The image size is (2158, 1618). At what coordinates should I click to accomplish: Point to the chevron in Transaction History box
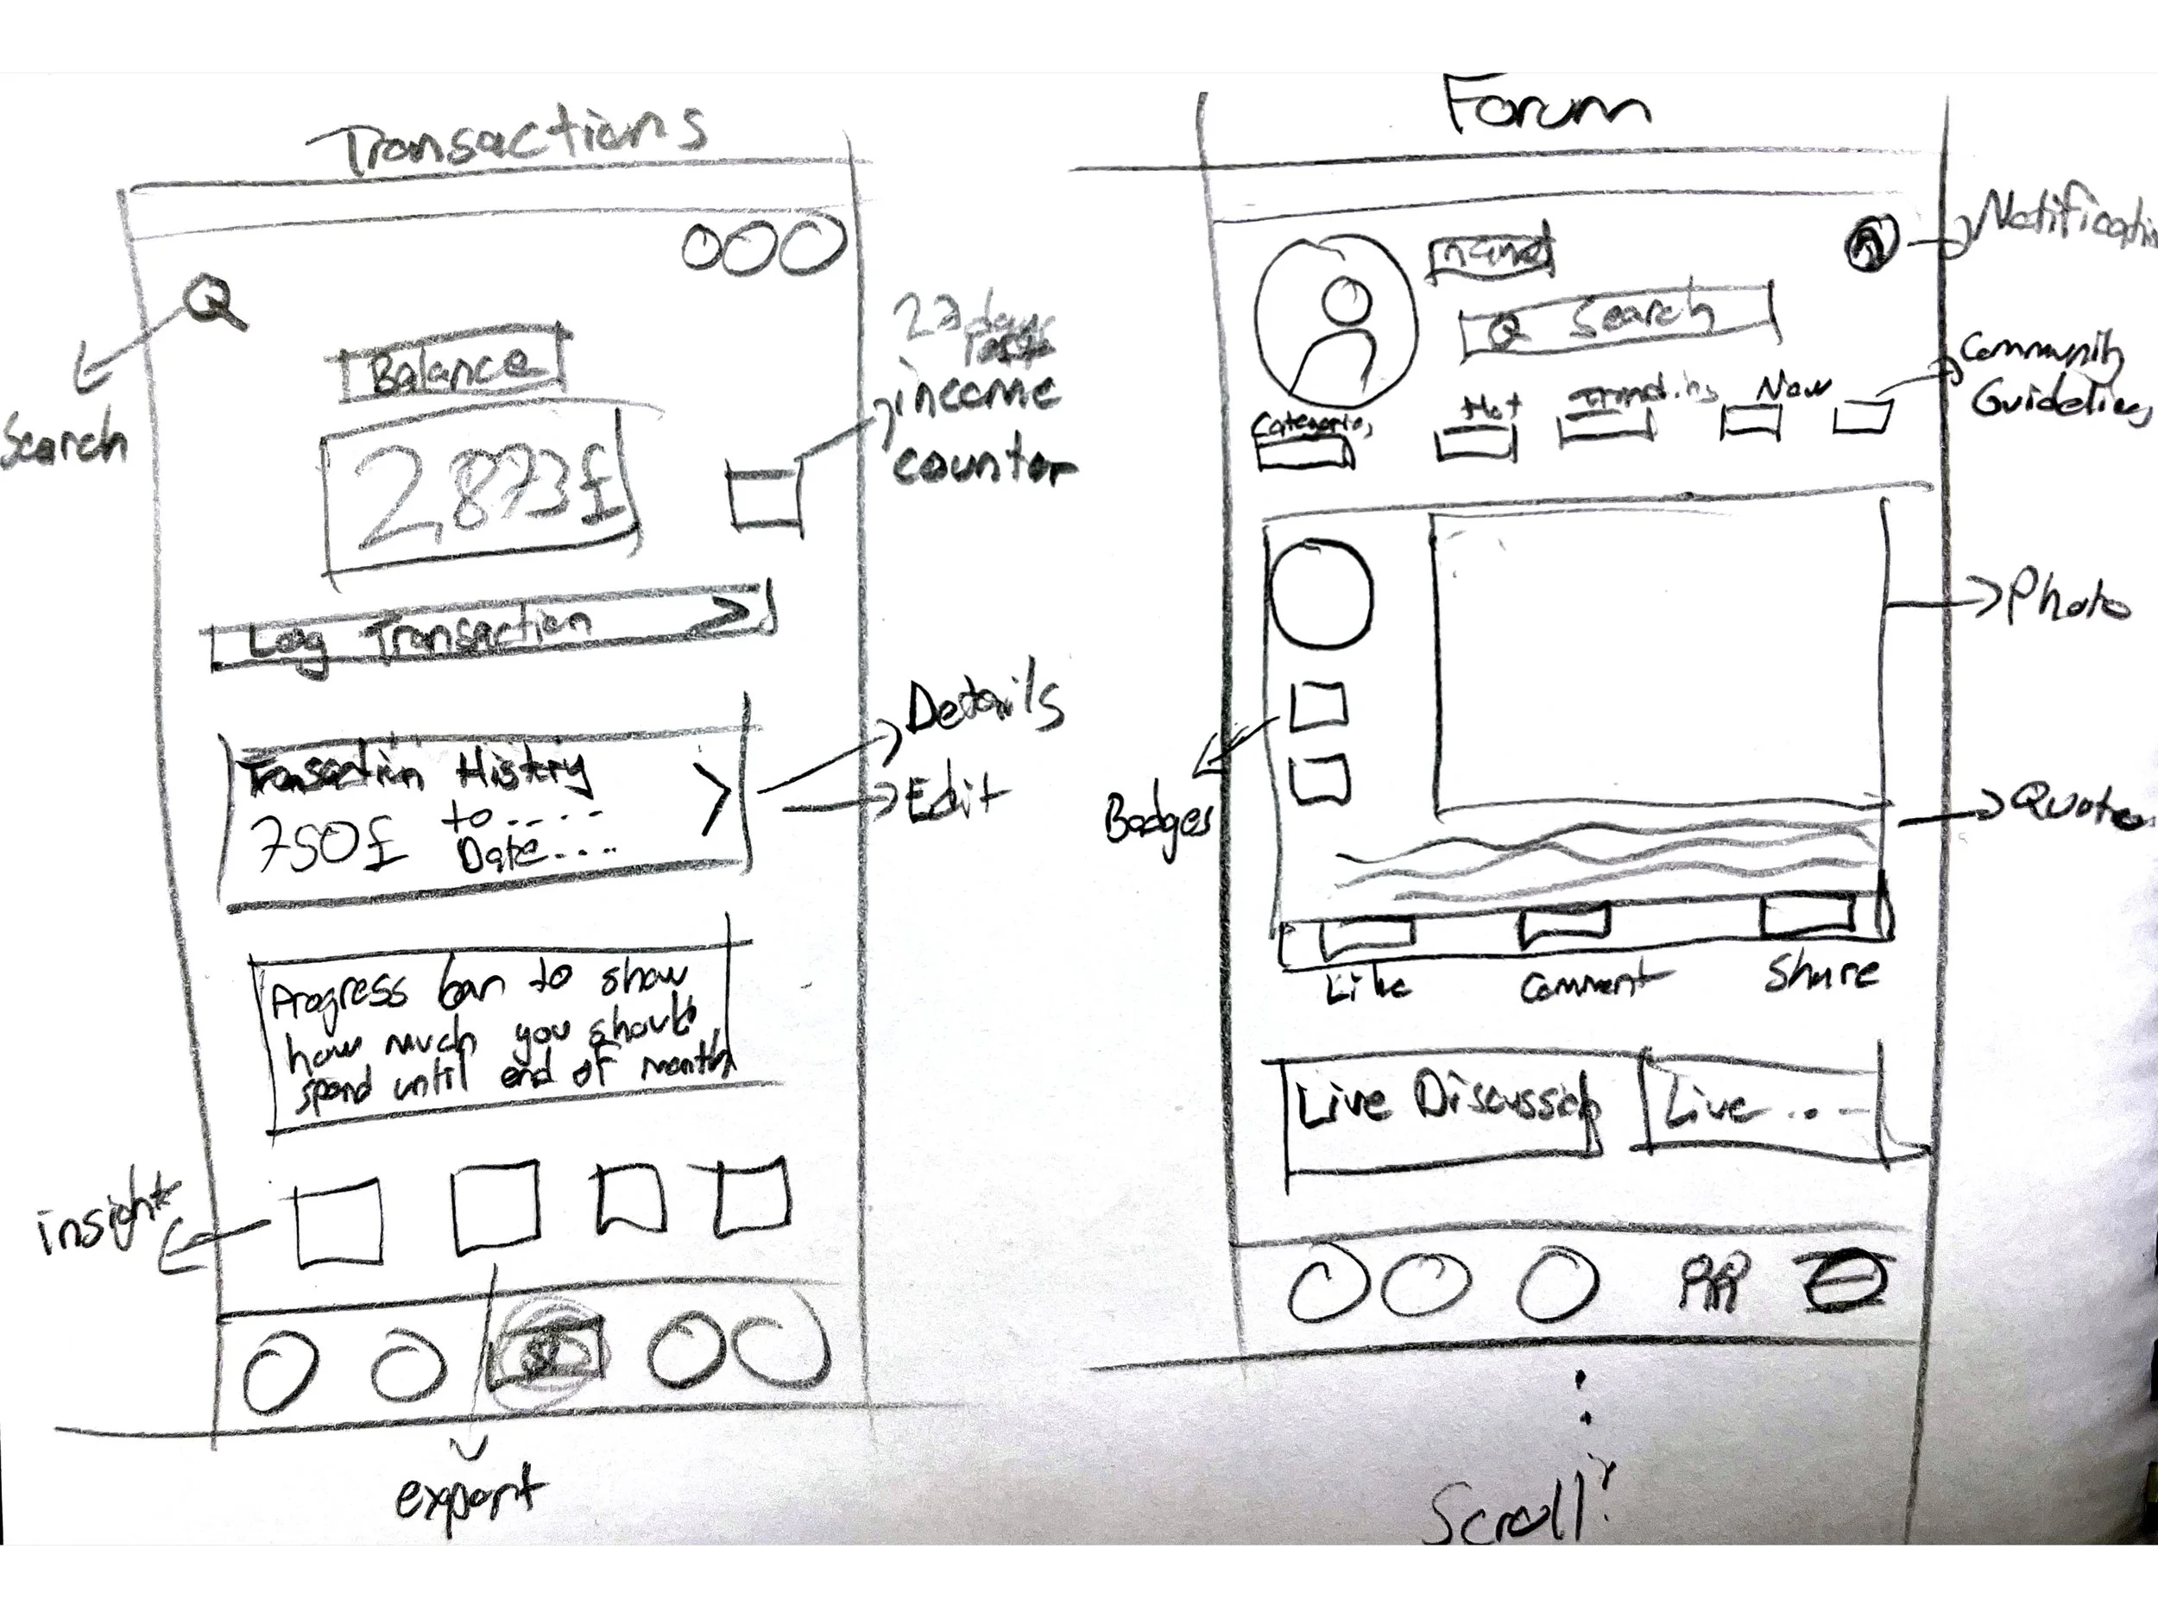[x=714, y=798]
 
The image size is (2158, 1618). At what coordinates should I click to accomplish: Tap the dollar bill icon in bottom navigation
[x=544, y=1355]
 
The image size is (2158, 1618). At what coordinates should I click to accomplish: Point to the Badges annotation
[x=1158, y=820]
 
